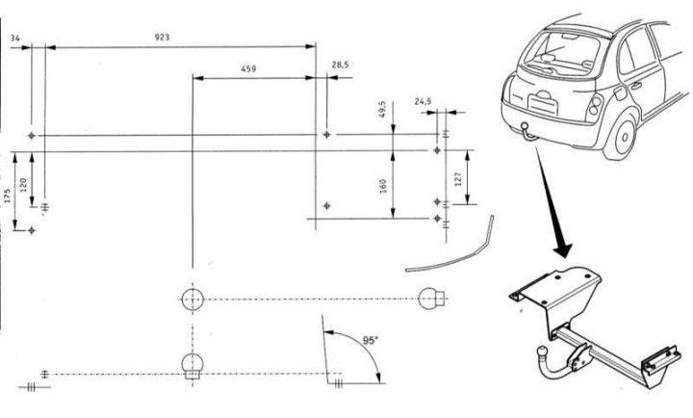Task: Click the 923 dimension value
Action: pyautogui.click(x=162, y=38)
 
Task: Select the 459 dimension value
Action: pyautogui.click(x=248, y=69)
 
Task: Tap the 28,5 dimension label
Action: pyautogui.click(x=340, y=65)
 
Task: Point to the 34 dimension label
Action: pyautogui.click(x=15, y=39)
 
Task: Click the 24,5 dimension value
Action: pyautogui.click(x=423, y=101)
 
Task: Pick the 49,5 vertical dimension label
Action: pyautogui.click(x=383, y=109)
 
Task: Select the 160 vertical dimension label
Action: pyautogui.click(x=383, y=185)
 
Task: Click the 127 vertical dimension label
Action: pyautogui.click(x=458, y=178)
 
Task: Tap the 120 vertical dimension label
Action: pyautogui.click(x=23, y=184)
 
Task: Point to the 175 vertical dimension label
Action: pyautogui.click(x=7, y=196)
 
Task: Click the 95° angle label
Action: pyautogui.click(x=371, y=341)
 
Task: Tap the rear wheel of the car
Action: pyautogui.click(x=622, y=136)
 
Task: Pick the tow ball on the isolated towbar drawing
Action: pyautogui.click(x=542, y=353)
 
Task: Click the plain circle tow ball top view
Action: pyautogui.click(x=192, y=300)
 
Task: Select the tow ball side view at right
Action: pyautogui.click(x=431, y=299)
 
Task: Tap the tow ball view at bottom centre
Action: pyautogui.click(x=192, y=367)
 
